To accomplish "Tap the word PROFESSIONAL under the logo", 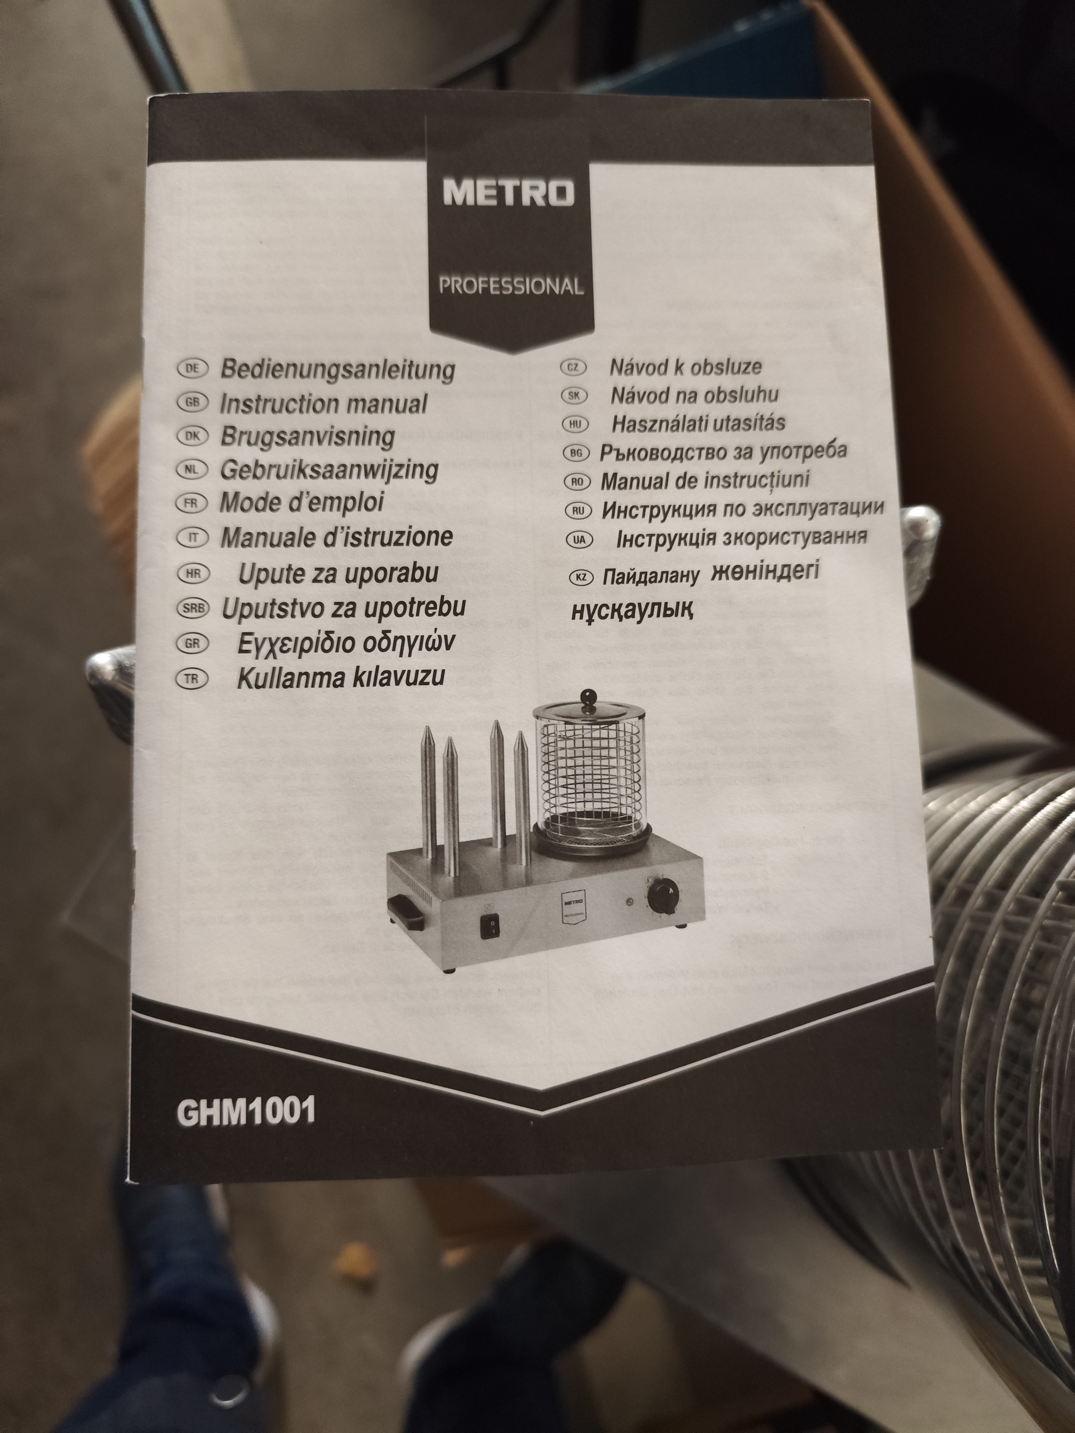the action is click(x=511, y=286).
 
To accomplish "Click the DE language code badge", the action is click(x=192, y=369).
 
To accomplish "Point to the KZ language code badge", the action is click(x=581, y=577).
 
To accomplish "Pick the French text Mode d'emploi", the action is click(x=302, y=502).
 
